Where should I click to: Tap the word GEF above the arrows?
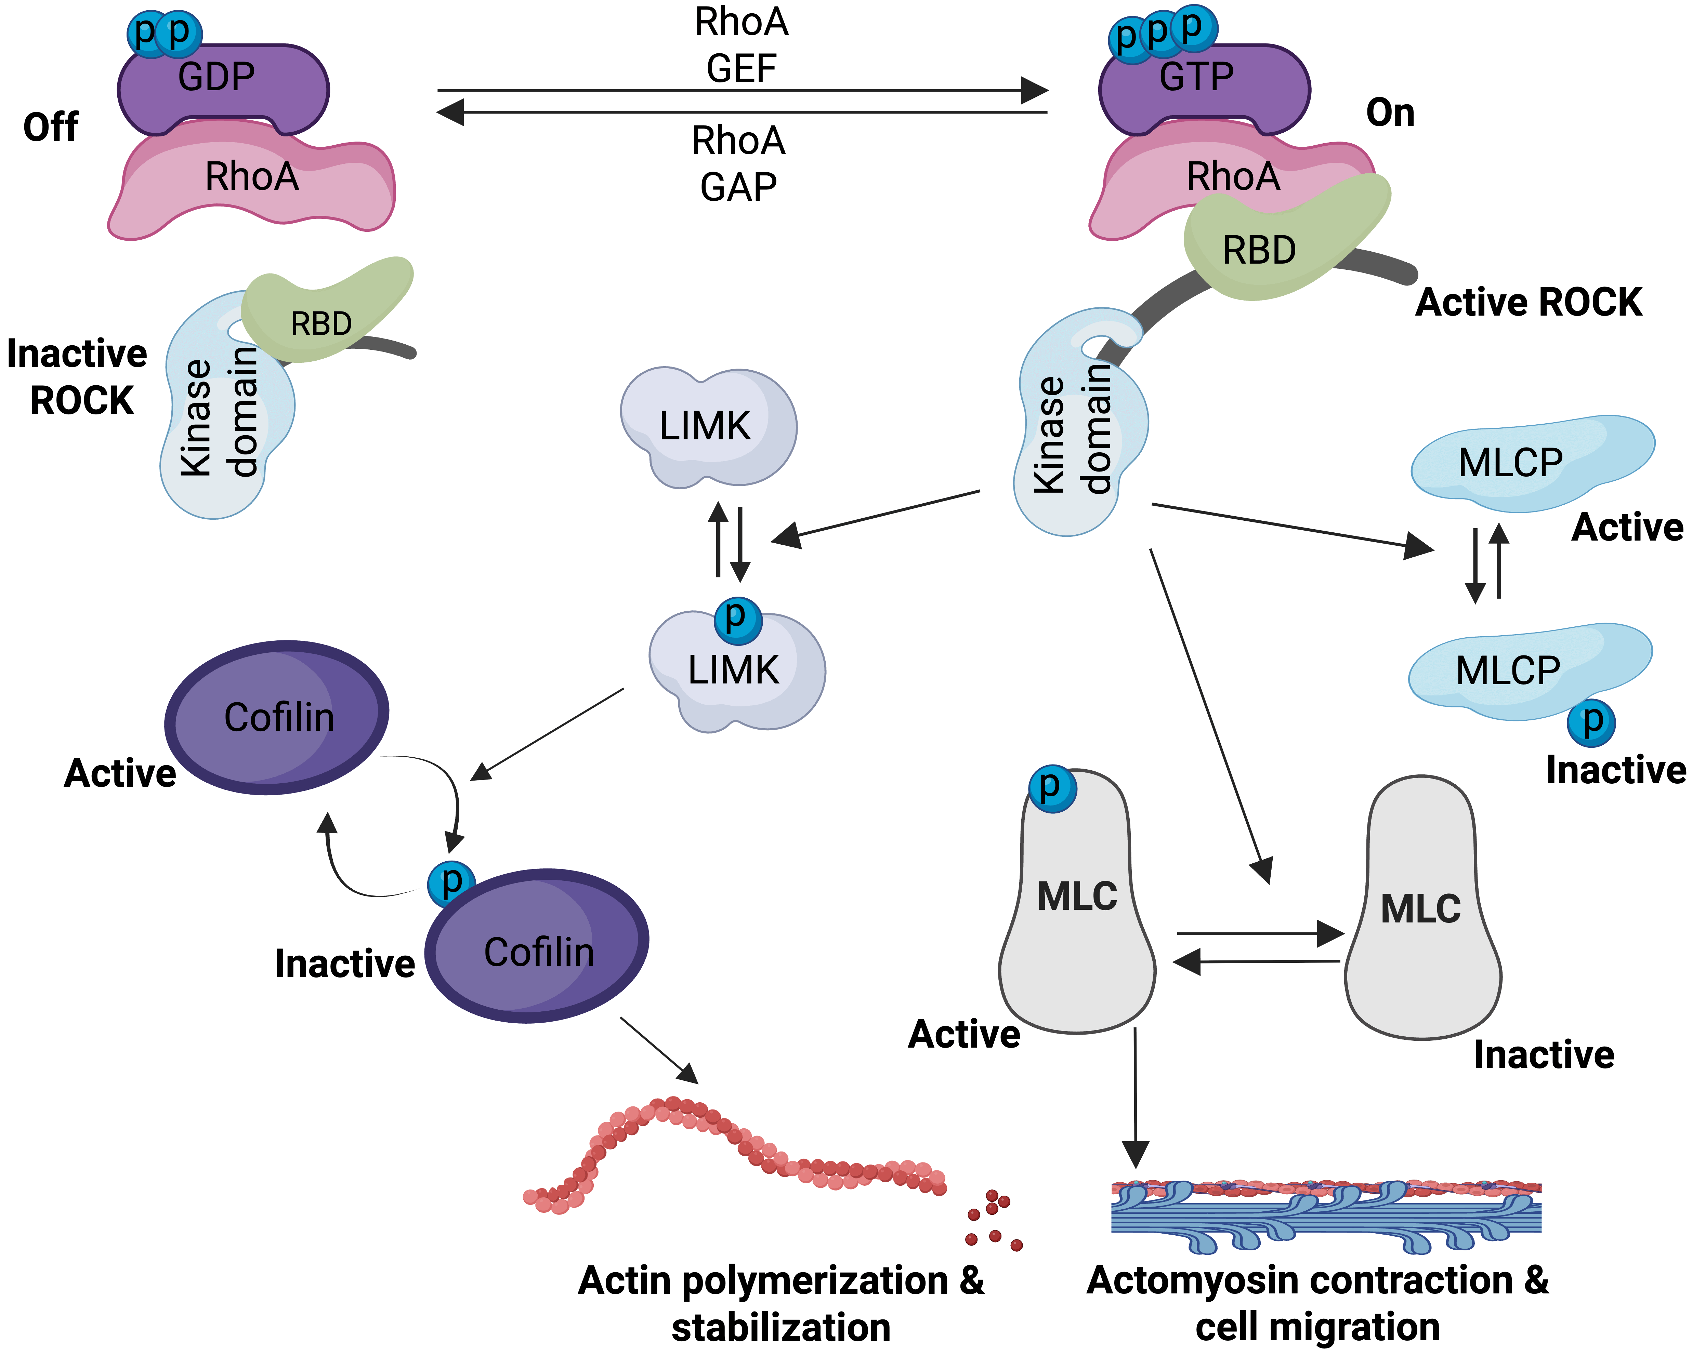pyautogui.click(x=741, y=68)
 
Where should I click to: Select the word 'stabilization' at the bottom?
pyautogui.click(x=781, y=1328)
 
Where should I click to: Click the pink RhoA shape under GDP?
pyautogui.click(x=251, y=184)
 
